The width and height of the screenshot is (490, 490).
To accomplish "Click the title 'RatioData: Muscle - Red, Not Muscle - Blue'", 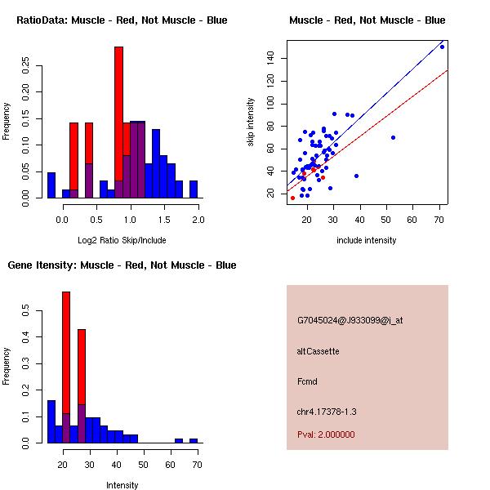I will pyautogui.click(x=122, y=20).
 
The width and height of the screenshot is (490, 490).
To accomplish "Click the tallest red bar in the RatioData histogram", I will pyautogui.click(x=118, y=122).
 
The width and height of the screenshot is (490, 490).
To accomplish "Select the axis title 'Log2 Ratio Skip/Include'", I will pyautogui.click(x=122, y=240).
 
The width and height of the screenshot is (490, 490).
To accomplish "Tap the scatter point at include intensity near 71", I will pyautogui.click(x=442, y=47).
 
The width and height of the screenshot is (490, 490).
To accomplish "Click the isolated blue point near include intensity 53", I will pyautogui.click(x=394, y=137).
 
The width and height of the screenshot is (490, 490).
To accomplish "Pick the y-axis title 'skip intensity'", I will pyautogui.click(x=252, y=122).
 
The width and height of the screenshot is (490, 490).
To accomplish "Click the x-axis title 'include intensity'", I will pyautogui.click(x=367, y=240).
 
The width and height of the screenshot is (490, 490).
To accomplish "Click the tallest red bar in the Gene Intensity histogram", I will pyautogui.click(x=66, y=367).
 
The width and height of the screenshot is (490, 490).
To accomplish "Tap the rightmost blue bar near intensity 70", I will pyautogui.click(x=194, y=440).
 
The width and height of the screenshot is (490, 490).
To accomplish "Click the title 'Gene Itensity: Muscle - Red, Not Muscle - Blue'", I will pyautogui.click(x=122, y=265).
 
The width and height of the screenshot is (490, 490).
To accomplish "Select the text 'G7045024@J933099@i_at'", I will pyautogui.click(x=350, y=320).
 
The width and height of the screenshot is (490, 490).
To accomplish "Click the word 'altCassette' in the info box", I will pyautogui.click(x=318, y=351).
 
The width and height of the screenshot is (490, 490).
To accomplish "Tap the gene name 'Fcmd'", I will pyautogui.click(x=307, y=381).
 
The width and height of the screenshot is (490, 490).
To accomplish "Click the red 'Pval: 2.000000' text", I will pyautogui.click(x=326, y=434).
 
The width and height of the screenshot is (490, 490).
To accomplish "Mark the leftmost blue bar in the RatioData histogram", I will pyautogui.click(x=51, y=185).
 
